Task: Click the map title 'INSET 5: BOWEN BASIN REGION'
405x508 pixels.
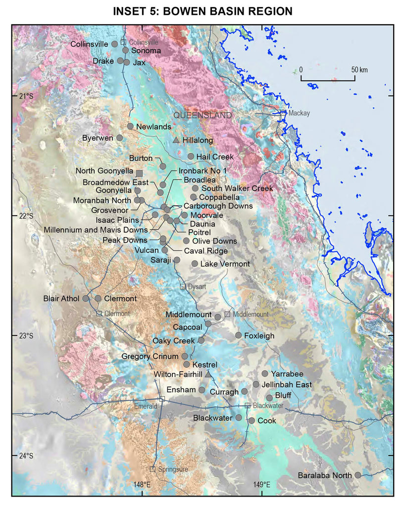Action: pyautogui.click(x=202, y=10)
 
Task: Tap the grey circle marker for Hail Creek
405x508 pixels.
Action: pyautogui.click(x=191, y=156)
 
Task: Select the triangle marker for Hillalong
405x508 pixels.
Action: pyautogui.click(x=176, y=140)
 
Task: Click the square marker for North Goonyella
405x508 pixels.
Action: pyautogui.click(x=139, y=173)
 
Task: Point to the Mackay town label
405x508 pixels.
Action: pyautogui.click(x=299, y=113)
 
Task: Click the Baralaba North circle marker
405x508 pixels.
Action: pyautogui.click(x=357, y=475)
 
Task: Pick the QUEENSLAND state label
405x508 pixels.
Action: pyautogui.click(x=202, y=115)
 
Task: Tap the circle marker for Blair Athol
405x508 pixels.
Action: pyautogui.click(x=86, y=299)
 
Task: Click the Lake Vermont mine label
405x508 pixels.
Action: pyautogui.click(x=225, y=264)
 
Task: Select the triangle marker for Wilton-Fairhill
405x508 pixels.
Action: pyautogui.click(x=208, y=373)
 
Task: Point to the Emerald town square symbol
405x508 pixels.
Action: pyautogui.click(x=161, y=399)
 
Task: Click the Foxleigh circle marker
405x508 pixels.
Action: pyautogui.click(x=239, y=335)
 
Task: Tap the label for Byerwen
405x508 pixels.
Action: pyautogui.click(x=98, y=137)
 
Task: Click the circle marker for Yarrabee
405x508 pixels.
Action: pyautogui.click(x=265, y=374)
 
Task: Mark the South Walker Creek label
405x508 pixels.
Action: pyautogui.click(x=237, y=188)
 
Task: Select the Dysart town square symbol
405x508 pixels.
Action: pyautogui.click(x=183, y=286)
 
